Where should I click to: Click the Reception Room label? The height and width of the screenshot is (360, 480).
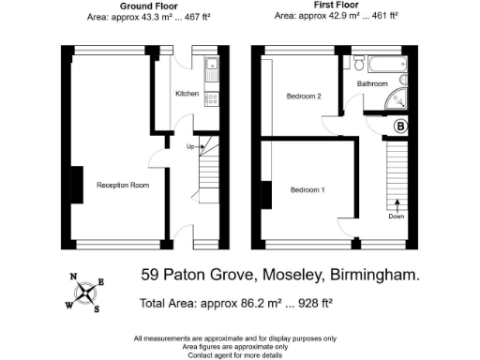(x=123, y=185)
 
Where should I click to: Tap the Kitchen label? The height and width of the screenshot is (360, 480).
(x=187, y=95)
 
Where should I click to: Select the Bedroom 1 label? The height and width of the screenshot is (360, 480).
(x=307, y=190)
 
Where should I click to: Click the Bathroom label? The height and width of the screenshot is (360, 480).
(x=371, y=83)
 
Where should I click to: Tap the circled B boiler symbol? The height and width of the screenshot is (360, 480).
(x=400, y=127)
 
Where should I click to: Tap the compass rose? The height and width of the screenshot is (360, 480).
(x=86, y=292)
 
